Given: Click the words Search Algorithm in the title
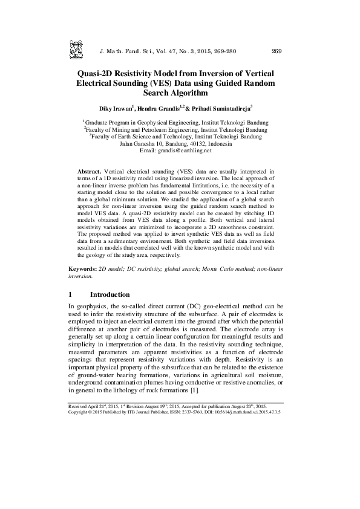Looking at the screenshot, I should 180,93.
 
